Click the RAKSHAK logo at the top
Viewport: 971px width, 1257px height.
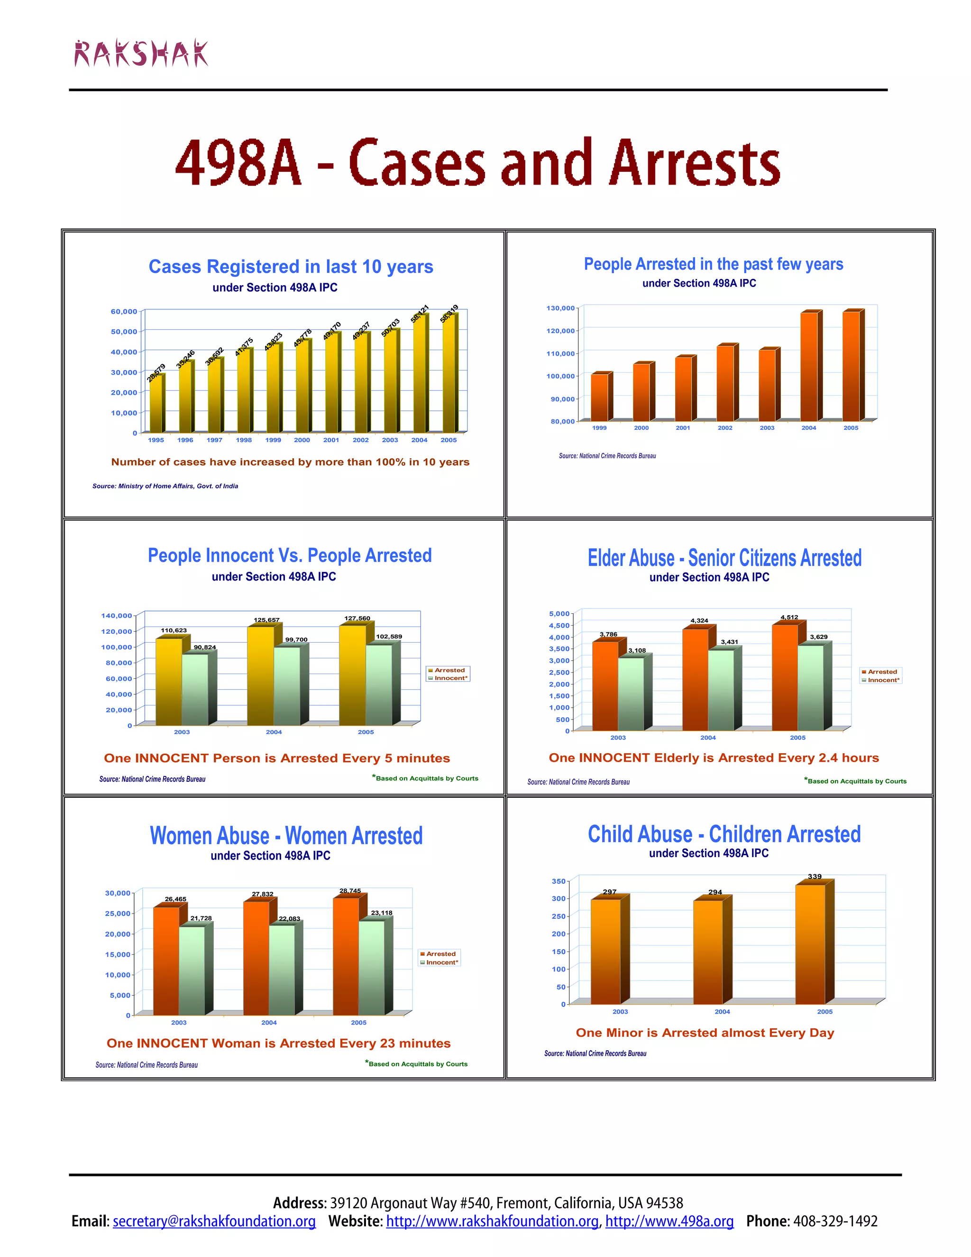141,54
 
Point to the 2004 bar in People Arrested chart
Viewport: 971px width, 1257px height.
809,367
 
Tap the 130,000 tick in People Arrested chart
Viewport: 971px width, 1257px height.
560,308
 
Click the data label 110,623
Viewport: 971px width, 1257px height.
174,630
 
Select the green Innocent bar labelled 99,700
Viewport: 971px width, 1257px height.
287,685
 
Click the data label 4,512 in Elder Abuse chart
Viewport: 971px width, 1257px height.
789,617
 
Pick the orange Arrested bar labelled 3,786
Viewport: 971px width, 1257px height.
605,685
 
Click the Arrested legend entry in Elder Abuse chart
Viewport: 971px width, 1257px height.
882,672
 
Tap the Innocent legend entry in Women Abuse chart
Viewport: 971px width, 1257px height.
442,962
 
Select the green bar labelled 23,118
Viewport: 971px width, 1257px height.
372,968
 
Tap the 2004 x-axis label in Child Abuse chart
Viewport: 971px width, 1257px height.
723,1011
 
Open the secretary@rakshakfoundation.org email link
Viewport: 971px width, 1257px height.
214,1221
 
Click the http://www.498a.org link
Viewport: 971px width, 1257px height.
669,1221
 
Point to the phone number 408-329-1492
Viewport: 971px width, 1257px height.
835,1221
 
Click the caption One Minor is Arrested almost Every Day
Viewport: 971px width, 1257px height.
705,1033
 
